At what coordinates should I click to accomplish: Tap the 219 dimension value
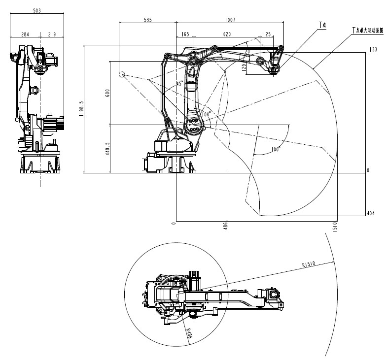(52, 34)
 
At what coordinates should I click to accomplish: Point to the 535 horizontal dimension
(147, 20)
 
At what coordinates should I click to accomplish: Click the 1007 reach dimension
(230, 20)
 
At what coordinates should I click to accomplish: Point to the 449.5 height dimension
(107, 149)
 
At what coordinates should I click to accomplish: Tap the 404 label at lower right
(371, 213)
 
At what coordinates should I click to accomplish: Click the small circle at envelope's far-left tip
(122, 74)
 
